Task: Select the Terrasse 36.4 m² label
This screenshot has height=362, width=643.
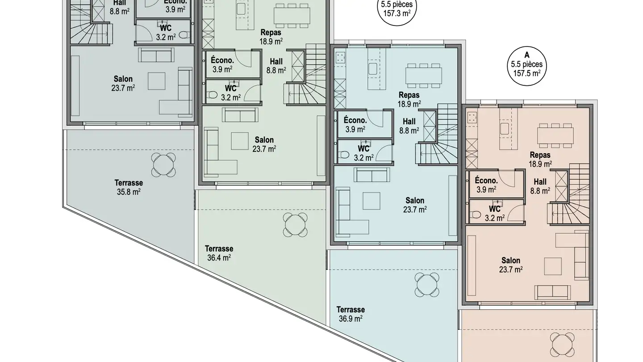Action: (219, 253)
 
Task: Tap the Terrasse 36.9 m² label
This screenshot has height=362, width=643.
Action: (351, 314)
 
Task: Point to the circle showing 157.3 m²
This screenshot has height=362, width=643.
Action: (397, 10)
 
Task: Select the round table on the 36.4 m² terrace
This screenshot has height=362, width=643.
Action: (295, 225)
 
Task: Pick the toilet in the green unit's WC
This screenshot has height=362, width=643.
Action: (213, 95)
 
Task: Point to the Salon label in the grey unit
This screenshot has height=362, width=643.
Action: (123, 83)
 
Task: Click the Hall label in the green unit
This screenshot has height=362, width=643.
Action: (276, 66)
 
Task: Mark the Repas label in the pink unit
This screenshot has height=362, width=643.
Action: (540, 159)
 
